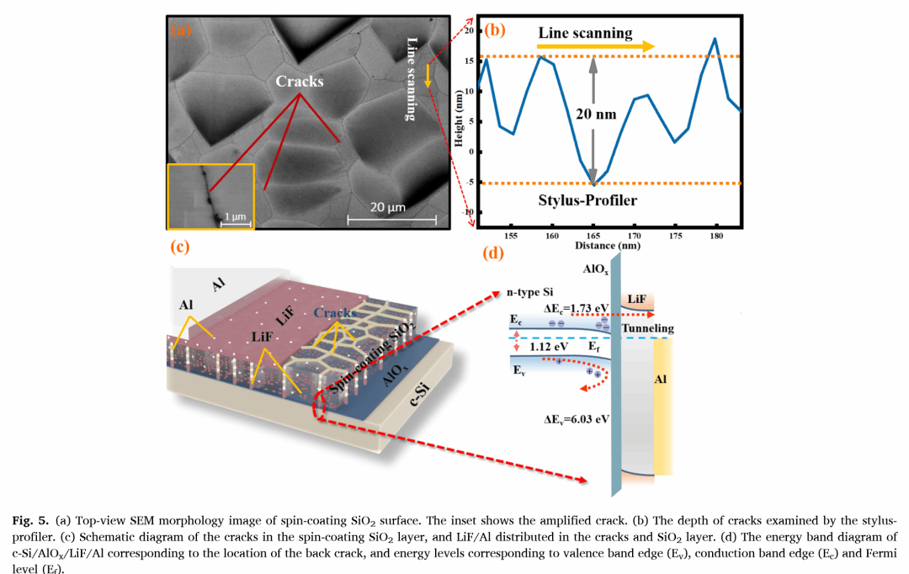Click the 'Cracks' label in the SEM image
[300, 82]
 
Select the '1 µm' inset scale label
[234, 217]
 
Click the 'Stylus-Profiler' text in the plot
[586, 199]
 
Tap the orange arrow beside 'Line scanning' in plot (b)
[640, 46]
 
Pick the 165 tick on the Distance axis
[593, 237]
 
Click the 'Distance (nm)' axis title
[607, 246]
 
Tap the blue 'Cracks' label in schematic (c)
[335, 313]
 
